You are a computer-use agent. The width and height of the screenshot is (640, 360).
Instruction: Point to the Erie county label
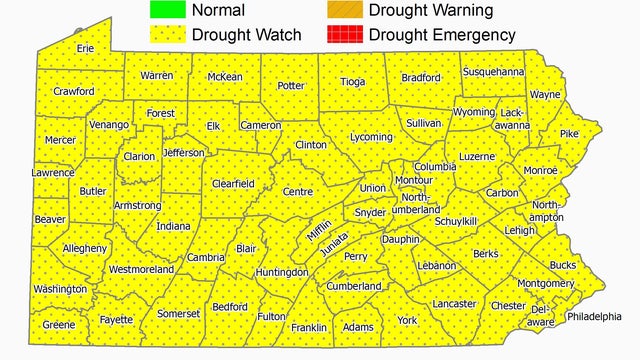pos(86,48)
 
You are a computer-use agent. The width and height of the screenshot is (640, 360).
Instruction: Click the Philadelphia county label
pos(600,316)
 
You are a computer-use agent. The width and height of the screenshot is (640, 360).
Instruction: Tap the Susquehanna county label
pos(492,72)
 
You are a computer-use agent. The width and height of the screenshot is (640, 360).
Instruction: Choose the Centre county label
pos(297,191)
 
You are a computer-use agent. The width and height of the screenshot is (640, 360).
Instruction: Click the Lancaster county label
pos(454,303)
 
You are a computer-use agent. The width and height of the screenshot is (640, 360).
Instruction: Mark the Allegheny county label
pos(85,247)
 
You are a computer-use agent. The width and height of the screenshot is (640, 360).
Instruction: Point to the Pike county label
pos(569,133)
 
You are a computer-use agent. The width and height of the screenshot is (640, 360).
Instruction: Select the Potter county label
pos(290,85)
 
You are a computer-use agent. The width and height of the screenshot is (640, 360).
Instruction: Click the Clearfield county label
pos(233,183)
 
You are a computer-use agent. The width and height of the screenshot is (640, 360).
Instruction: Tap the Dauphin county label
pos(400,240)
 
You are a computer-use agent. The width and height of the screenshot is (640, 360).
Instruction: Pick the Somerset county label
pos(179,313)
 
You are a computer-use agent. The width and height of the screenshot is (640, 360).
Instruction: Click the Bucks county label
pos(562,265)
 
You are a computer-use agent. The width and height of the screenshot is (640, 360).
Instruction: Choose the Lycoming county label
pos(371,137)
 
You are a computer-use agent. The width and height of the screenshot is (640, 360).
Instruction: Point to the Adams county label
pos(358,326)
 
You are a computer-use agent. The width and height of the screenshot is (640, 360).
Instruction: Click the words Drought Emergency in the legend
pos(442,35)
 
